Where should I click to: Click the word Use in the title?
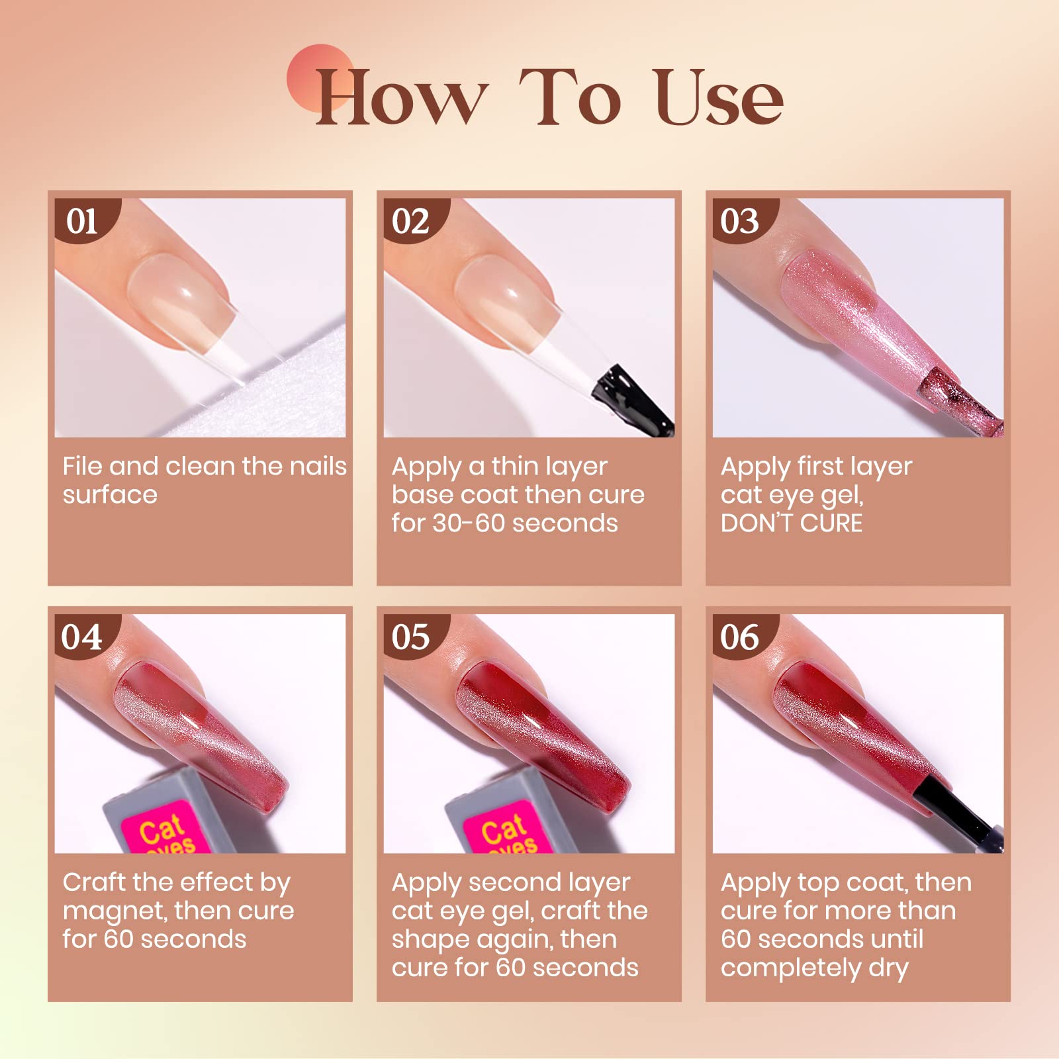tap(717, 97)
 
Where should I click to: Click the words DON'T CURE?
tap(792, 524)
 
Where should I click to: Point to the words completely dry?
tap(814, 968)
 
